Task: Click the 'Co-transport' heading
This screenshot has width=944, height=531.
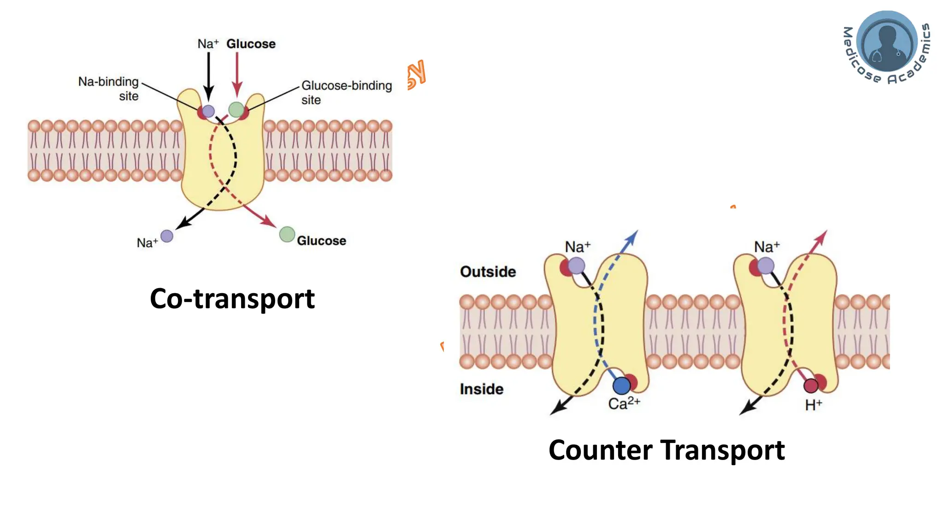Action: pyautogui.click(x=232, y=299)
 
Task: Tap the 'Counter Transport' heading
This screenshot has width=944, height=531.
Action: pyautogui.click(x=666, y=450)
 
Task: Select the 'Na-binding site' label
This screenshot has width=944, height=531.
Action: pyautogui.click(x=109, y=88)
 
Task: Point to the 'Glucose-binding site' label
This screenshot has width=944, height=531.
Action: pyautogui.click(x=346, y=92)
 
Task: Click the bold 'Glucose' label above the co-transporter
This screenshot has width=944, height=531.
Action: pyautogui.click(x=251, y=44)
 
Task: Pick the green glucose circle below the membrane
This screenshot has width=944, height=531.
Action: pyautogui.click(x=287, y=234)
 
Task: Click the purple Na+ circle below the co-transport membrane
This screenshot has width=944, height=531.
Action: pyautogui.click(x=167, y=236)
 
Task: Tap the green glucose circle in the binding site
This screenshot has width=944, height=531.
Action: pyautogui.click(x=236, y=110)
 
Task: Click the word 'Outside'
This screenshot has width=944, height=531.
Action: pyautogui.click(x=488, y=271)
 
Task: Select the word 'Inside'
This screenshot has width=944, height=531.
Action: pyautogui.click(x=481, y=389)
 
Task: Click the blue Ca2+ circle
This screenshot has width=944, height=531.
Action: pyautogui.click(x=621, y=385)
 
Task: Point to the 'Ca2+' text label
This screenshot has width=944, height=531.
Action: pyautogui.click(x=624, y=404)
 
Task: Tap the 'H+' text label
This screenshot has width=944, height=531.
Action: pyautogui.click(x=813, y=405)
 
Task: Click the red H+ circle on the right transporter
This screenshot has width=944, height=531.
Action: pyautogui.click(x=811, y=385)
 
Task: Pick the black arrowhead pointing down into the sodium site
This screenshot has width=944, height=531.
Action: pyautogui.click(x=209, y=94)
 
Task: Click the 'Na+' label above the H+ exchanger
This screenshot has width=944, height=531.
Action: pyautogui.click(x=767, y=247)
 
